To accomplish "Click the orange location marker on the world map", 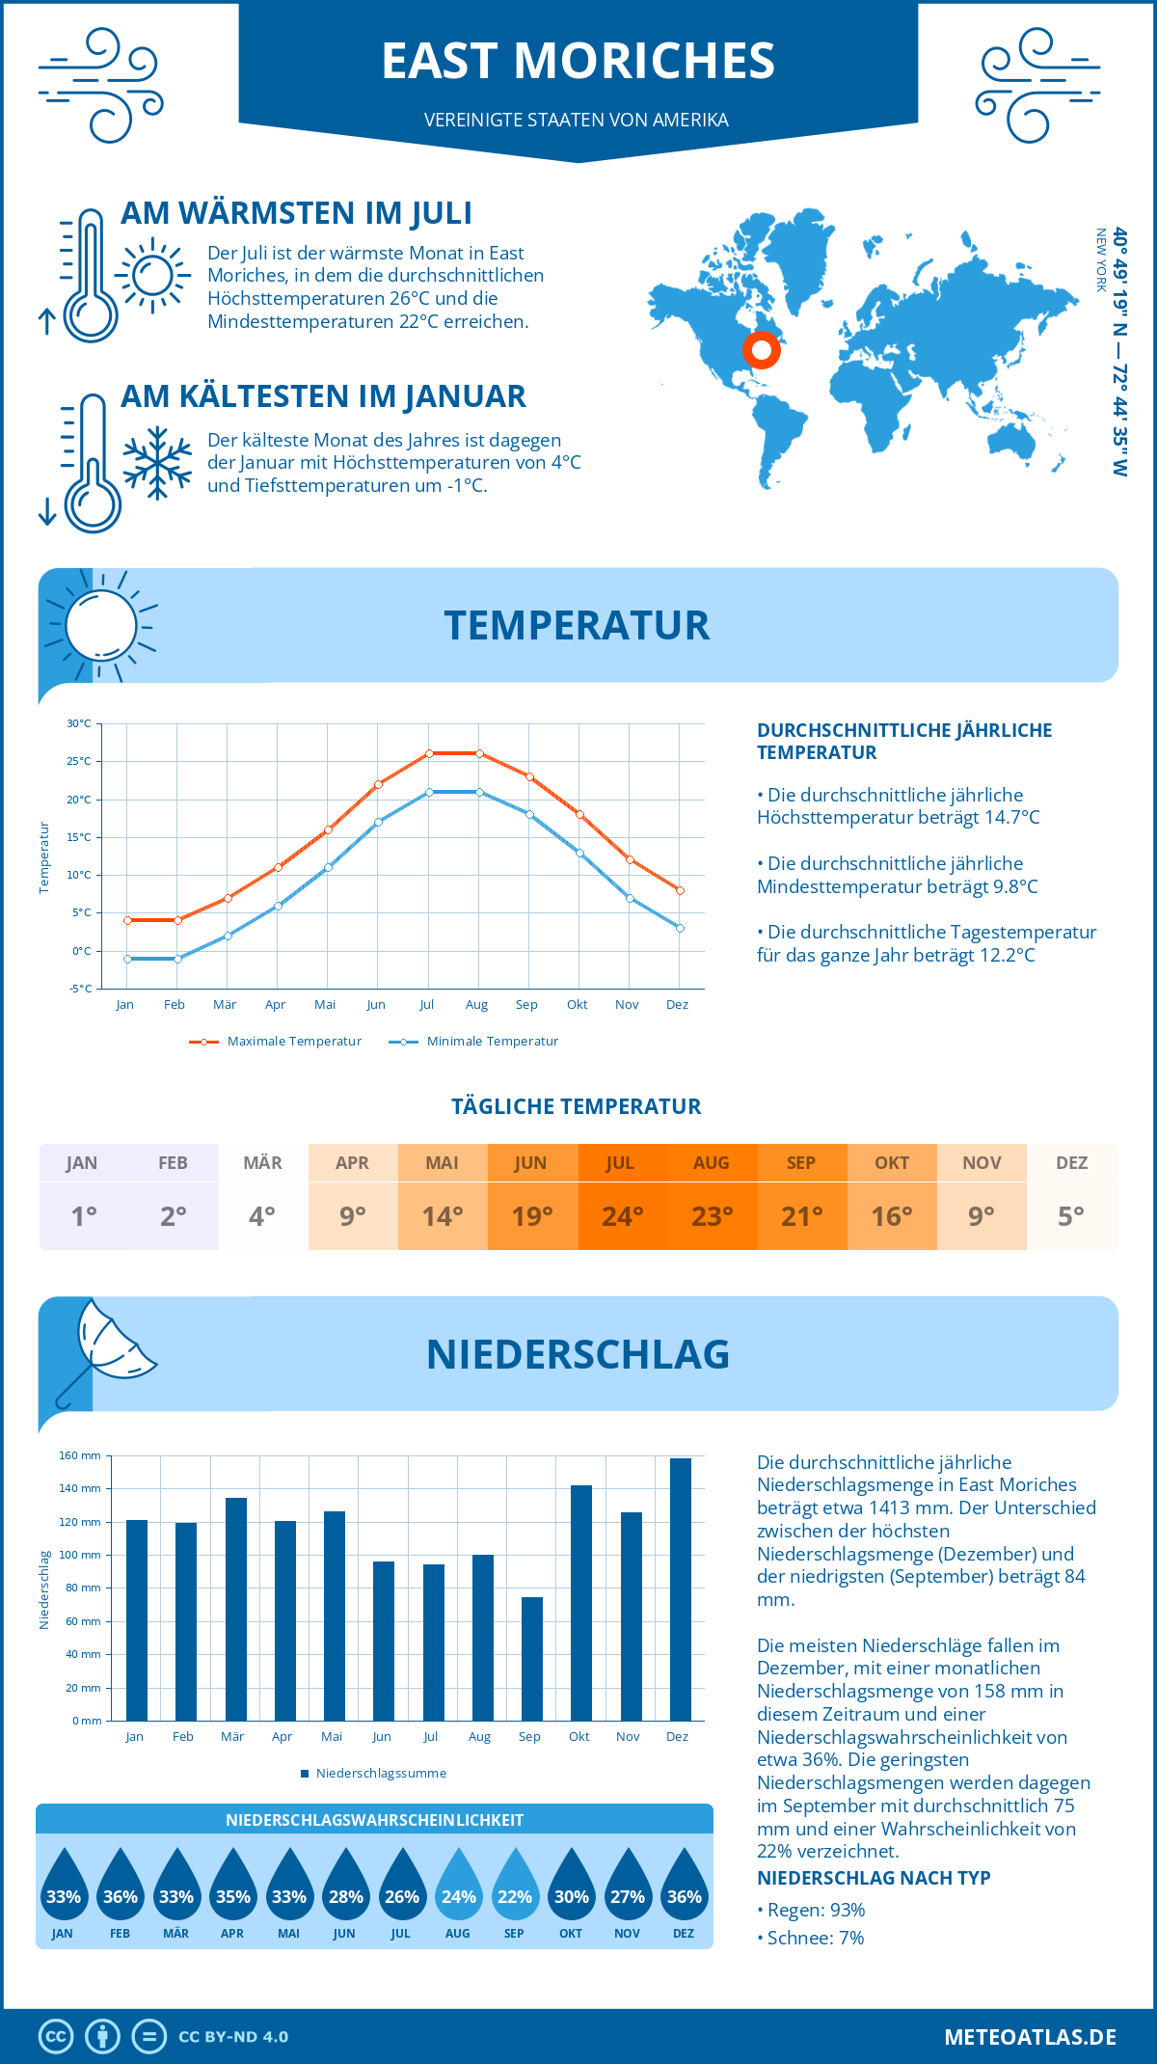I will pos(762,350).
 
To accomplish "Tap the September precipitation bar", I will pos(532,1658).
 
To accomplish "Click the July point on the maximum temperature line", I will pos(429,753).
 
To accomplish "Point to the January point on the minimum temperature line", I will pos(127,959).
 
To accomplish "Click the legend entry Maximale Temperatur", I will pos(276,1042).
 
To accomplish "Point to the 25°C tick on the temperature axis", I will pos(79,761).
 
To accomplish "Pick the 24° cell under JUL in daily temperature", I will pos(622,1216).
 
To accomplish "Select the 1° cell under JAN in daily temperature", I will pos(83,1216).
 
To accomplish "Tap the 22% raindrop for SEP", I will pos(515,1886).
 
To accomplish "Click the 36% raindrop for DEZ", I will pos(684,1886).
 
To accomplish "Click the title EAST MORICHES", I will pos(578,61).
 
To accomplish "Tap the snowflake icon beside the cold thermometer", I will pos(157,462).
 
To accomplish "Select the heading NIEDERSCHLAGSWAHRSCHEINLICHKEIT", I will pos(374,1820).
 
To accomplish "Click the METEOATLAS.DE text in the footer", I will pos(1030,2037).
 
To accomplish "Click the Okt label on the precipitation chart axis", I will pos(578,1736).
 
